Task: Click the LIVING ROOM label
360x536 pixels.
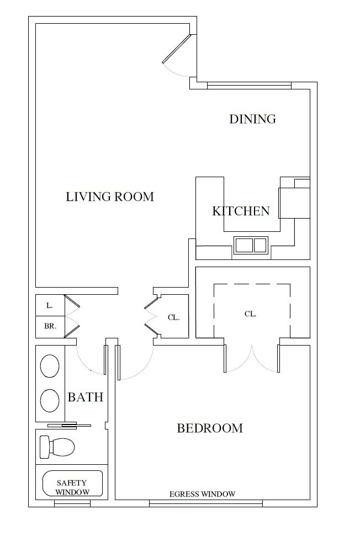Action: click(x=110, y=197)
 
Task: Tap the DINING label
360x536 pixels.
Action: click(x=252, y=119)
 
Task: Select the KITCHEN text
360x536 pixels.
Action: click(x=241, y=211)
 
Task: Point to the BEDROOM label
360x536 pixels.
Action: click(x=210, y=428)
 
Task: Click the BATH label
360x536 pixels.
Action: click(x=86, y=397)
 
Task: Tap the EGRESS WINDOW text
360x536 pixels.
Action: click(x=203, y=494)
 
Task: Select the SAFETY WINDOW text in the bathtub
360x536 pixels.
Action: click(x=72, y=486)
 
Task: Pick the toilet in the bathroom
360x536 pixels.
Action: click(x=57, y=447)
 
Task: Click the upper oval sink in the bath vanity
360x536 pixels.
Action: click(x=50, y=366)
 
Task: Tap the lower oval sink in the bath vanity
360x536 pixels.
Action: click(x=50, y=400)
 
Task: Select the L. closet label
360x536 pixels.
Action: click(x=49, y=305)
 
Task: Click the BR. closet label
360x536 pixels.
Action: click(x=50, y=326)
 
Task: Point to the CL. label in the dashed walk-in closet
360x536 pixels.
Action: click(x=250, y=314)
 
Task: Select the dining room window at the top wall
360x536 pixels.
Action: click(x=248, y=86)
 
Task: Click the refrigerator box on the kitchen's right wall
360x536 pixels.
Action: click(x=294, y=203)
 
